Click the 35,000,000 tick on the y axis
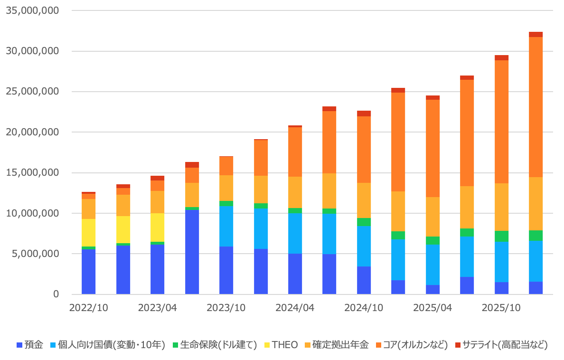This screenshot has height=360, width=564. click(x=32, y=10)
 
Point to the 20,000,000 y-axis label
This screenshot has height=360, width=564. click(x=32, y=132)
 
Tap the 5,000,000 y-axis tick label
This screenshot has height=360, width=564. click(x=36, y=254)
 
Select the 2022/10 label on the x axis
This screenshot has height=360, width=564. click(x=88, y=308)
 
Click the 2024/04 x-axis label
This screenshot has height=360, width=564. click(x=295, y=308)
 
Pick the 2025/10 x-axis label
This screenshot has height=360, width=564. click(x=501, y=308)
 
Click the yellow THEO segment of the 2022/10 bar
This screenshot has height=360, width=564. click(x=88, y=233)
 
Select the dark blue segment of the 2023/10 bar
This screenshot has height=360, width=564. click(x=226, y=270)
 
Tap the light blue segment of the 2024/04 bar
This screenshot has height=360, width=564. click(x=295, y=233)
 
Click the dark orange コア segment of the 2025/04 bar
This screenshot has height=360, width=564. click(x=432, y=148)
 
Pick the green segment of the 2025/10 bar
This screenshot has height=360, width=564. click(x=501, y=236)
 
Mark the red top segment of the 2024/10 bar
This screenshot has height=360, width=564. click(x=364, y=114)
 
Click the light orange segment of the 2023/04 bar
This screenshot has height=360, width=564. click(x=157, y=202)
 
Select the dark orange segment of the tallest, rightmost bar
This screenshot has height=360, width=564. click(x=536, y=107)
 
